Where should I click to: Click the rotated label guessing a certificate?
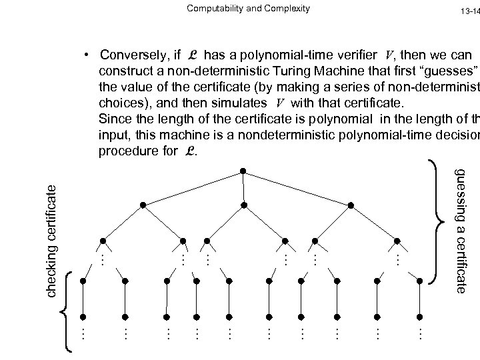click(x=460, y=230)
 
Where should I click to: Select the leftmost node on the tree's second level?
click(x=142, y=204)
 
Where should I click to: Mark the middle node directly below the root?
click(x=245, y=204)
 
